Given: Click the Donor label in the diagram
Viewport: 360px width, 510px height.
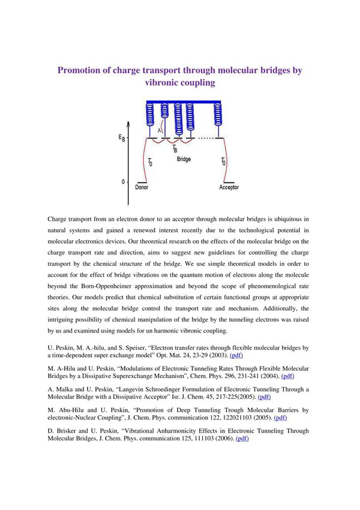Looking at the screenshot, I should (142, 187).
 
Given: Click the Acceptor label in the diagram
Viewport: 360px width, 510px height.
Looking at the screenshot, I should (229, 187).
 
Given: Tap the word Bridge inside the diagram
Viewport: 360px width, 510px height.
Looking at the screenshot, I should (184, 160).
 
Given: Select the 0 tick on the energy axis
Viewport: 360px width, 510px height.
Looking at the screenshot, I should (123, 181).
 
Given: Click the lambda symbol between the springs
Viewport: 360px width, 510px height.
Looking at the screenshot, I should (160, 129).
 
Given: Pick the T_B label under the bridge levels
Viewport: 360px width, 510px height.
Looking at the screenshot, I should (174, 148).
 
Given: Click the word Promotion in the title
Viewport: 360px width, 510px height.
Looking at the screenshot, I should (81, 70).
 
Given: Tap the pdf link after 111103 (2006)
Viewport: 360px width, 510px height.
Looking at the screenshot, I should (242, 438).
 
